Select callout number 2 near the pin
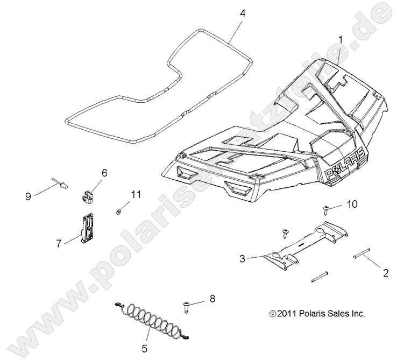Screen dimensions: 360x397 click(385, 273)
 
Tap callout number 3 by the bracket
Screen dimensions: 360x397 click(243, 259)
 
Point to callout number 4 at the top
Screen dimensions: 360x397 click(243, 13)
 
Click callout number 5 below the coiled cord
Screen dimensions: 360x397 click(144, 348)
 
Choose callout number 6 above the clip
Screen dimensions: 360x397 click(104, 173)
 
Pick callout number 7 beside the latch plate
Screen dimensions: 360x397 click(60, 243)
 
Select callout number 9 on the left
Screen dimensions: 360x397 click(27, 197)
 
